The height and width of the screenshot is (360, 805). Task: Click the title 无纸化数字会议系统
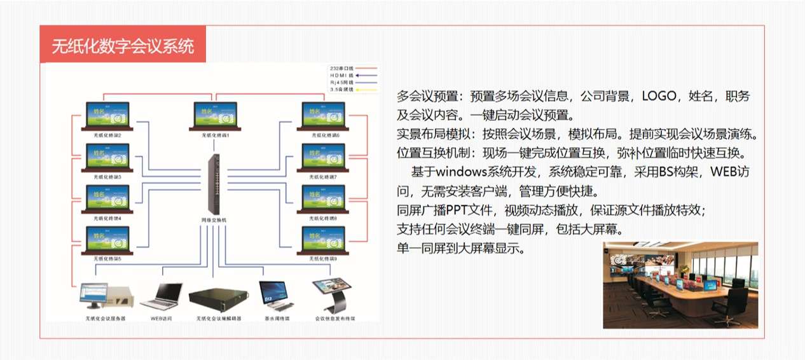[123, 46]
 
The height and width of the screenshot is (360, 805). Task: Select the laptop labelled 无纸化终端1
[215, 116]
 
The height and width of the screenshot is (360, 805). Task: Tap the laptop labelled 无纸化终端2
[107, 116]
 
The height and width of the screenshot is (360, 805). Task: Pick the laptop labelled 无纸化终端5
[107, 239]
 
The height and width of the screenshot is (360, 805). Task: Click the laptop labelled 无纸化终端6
[323, 116]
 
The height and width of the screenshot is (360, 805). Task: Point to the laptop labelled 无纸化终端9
[323, 239]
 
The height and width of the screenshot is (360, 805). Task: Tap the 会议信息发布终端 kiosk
[334, 294]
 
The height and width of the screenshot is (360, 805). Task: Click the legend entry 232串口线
[353, 67]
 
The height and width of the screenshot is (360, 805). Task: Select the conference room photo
[680, 285]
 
